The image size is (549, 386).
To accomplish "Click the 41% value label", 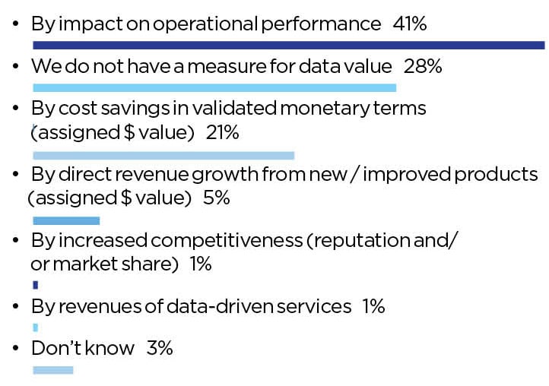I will pyautogui.click(x=409, y=24).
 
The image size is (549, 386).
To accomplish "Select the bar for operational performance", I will pyautogui.click(x=289, y=46).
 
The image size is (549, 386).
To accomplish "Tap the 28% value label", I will pyautogui.click(x=423, y=67).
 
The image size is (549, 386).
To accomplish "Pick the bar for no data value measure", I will pyautogui.click(x=214, y=87).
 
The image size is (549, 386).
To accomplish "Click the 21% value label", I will pyautogui.click(x=222, y=133).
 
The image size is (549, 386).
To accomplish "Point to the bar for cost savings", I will pyautogui.click(x=163, y=156).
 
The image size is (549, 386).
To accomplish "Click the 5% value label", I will pyautogui.click(x=217, y=198).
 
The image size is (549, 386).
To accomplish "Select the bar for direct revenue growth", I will pyautogui.click(x=66, y=220).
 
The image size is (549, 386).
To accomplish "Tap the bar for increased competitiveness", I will pyautogui.click(x=36, y=285).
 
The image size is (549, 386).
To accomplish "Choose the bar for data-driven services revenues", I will pyautogui.click(x=35, y=327).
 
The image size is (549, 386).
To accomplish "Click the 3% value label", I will pyautogui.click(x=160, y=349).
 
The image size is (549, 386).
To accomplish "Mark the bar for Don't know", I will pyautogui.click(x=53, y=370).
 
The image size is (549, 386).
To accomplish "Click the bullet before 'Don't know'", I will pyautogui.click(x=17, y=350).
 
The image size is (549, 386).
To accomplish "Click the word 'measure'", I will pyautogui.click(x=229, y=67).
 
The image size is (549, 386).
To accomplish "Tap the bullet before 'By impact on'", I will pyautogui.click(x=17, y=25).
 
